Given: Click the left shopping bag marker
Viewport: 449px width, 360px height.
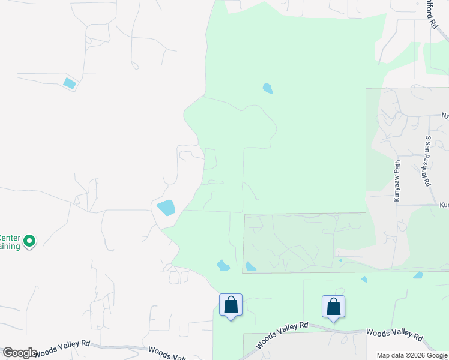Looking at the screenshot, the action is (x=231, y=305).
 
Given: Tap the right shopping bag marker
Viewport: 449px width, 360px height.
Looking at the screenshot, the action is (x=334, y=307).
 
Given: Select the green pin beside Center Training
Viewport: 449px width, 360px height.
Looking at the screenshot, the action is (x=29, y=241).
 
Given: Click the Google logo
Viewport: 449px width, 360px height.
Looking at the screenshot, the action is (x=20, y=353).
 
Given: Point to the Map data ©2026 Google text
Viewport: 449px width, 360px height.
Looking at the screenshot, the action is (x=412, y=355).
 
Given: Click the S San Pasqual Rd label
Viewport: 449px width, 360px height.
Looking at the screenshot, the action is (x=428, y=161).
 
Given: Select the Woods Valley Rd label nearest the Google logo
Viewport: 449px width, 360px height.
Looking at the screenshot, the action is (x=62, y=347).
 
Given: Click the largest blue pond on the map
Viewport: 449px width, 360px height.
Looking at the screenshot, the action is (x=166, y=208).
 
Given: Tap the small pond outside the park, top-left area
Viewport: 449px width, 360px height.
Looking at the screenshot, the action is (x=70, y=83).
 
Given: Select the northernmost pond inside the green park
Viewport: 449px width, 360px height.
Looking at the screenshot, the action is (x=268, y=89).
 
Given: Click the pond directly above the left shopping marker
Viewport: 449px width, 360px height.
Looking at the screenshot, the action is (x=223, y=265).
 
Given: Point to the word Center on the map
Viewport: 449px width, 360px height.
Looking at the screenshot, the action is (x=10, y=236).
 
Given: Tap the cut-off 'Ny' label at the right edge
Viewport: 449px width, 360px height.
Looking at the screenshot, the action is (x=445, y=115).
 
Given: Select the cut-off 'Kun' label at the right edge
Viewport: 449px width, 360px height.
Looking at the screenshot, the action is (x=444, y=205).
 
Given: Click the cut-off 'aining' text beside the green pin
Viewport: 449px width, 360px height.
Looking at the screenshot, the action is (x=10, y=245).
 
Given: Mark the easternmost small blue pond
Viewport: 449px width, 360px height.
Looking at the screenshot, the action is (x=418, y=275).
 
